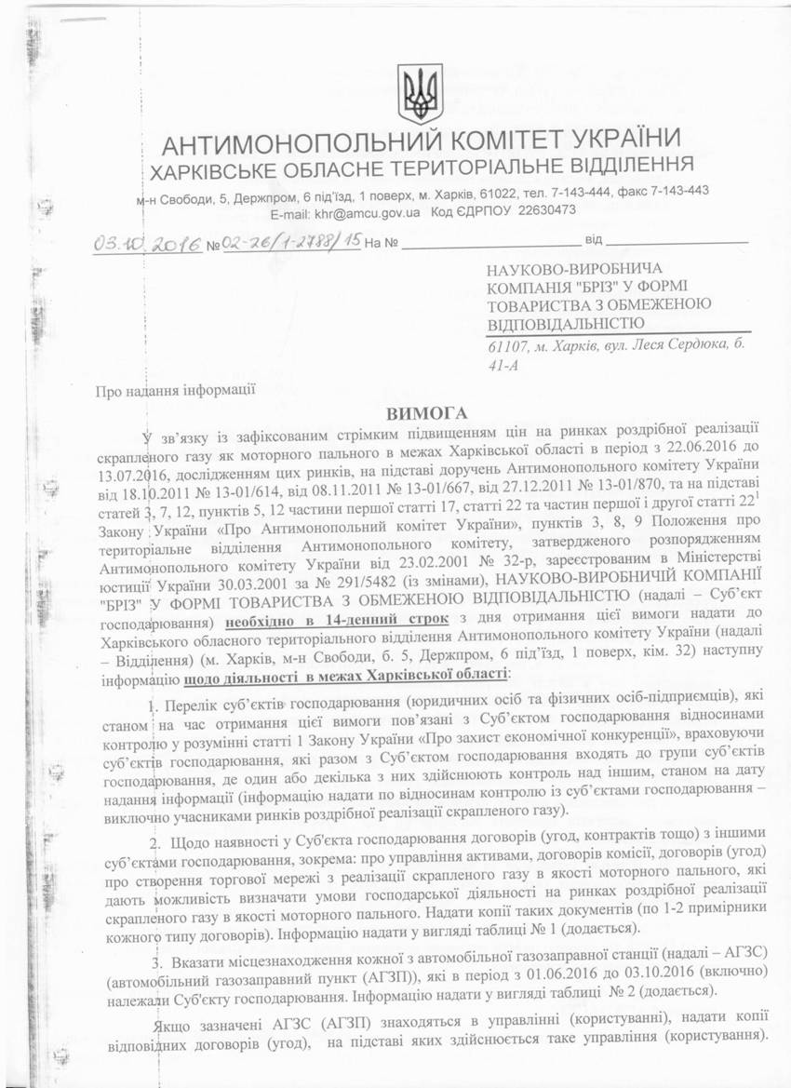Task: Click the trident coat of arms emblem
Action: (x=420, y=94)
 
